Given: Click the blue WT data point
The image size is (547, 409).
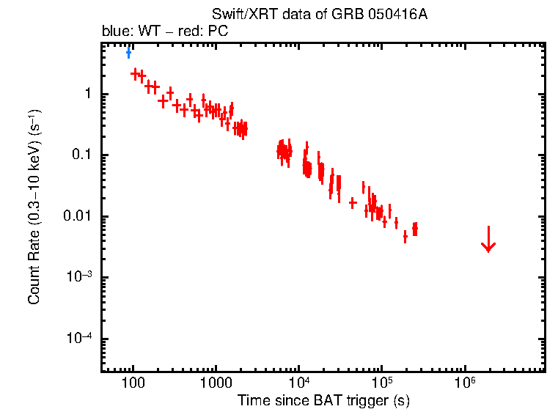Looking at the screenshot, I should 128,52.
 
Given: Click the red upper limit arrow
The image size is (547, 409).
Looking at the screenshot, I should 488,240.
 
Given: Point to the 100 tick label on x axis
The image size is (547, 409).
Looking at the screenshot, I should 133,383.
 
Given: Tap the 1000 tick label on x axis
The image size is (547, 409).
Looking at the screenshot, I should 216,383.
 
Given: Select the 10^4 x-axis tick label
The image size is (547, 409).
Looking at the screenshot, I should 298,383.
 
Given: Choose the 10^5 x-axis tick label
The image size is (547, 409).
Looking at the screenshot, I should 381,383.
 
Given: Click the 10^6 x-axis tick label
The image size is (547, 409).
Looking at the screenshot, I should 464,383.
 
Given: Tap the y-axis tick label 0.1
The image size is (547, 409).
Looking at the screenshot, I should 81,155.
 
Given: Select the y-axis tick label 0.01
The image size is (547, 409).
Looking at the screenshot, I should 78,216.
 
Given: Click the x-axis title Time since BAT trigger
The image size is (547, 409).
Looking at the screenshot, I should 323,400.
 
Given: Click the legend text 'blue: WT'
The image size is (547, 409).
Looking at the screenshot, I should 126,32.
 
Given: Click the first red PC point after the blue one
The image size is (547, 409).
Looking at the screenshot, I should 135,73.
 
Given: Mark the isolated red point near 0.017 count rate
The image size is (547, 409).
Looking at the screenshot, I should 353,202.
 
